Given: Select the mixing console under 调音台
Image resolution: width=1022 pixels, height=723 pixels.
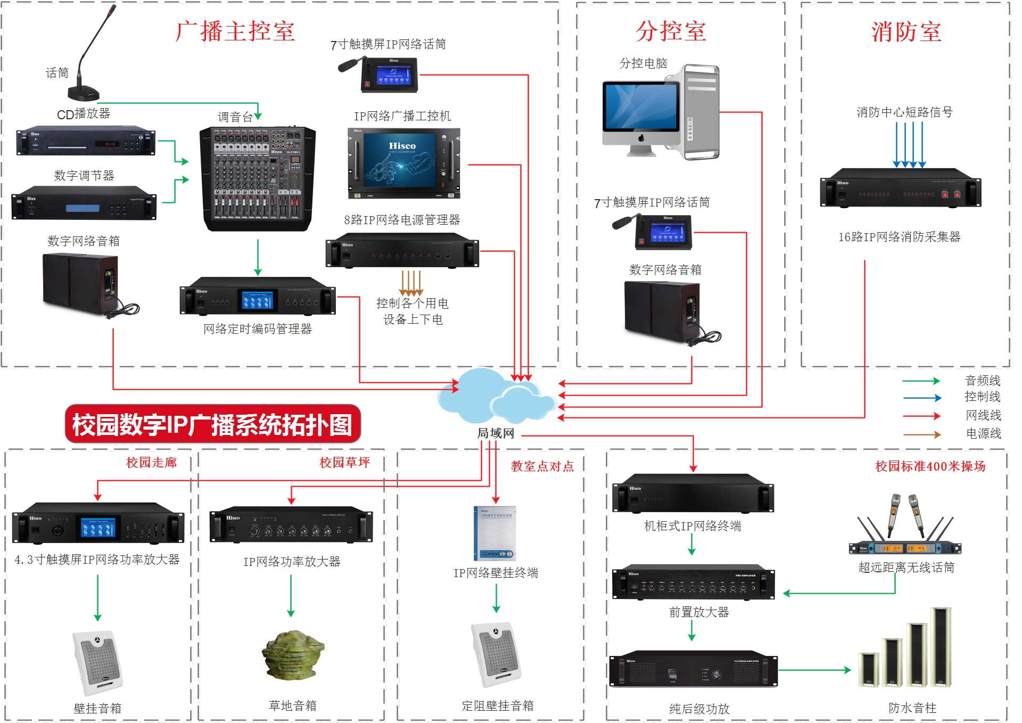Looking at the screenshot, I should pyautogui.click(x=258, y=179).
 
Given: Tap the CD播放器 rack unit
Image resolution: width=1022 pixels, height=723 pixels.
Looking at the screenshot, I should pyautogui.click(x=85, y=142).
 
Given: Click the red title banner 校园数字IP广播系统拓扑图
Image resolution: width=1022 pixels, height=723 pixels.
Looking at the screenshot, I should pyautogui.click(x=212, y=424).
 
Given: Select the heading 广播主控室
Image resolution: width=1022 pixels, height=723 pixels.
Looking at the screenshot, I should pyautogui.click(x=235, y=31).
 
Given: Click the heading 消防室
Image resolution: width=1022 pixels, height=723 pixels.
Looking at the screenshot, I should pyautogui.click(x=906, y=32).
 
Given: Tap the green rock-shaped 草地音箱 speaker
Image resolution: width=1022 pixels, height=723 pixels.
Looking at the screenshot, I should pyautogui.click(x=292, y=655).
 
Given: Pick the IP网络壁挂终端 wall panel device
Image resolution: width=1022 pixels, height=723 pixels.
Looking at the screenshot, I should pyautogui.click(x=494, y=533).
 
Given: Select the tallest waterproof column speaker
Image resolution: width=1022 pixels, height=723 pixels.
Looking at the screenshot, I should pyautogui.click(x=941, y=646).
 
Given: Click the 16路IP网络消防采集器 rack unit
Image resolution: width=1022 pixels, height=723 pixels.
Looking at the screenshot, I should pyautogui.click(x=900, y=188).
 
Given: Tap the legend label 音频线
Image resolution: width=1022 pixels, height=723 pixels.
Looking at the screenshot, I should pyautogui.click(x=983, y=381).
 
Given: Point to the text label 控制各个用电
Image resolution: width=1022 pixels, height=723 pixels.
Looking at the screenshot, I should pyautogui.click(x=412, y=303).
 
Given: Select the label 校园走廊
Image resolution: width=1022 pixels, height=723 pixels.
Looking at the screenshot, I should pyautogui.click(x=151, y=462).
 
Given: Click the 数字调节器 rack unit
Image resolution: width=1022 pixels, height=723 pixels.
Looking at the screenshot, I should pyautogui.click(x=84, y=203).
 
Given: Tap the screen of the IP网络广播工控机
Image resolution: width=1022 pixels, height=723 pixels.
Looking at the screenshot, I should pyautogui.click(x=402, y=159).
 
